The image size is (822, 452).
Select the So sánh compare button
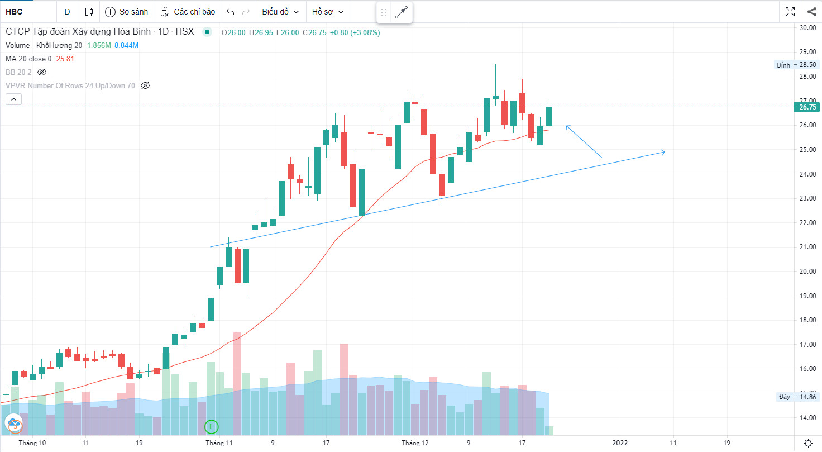[x=127, y=12]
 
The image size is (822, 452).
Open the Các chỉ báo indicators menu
[x=188, y=12]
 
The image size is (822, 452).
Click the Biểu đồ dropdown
[x=280, y=12]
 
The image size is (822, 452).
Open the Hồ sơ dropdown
[x=328, y=12]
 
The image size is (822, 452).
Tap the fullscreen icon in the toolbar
[x=790, y=12]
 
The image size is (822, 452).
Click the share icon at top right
[x=811, y=12]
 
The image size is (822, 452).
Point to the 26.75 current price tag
[x=807, y=107]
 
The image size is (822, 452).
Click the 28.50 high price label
[x=807, y=65]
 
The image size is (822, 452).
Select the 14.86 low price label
[x=807, y=397]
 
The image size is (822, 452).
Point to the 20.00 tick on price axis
[x=807, y=272]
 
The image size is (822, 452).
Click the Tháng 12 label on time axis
[x=415, y=443]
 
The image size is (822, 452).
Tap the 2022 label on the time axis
[x=620, y=443]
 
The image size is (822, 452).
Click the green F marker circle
[x=211, y=427]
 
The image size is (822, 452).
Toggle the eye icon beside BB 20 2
[x=42, y=72]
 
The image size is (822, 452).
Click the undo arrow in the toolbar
[x=230, y=12]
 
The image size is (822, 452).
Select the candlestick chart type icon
[x=89, y=12]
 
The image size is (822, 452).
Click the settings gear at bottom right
[x=808, y=443]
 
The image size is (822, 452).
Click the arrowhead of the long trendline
[x=663, y=152]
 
